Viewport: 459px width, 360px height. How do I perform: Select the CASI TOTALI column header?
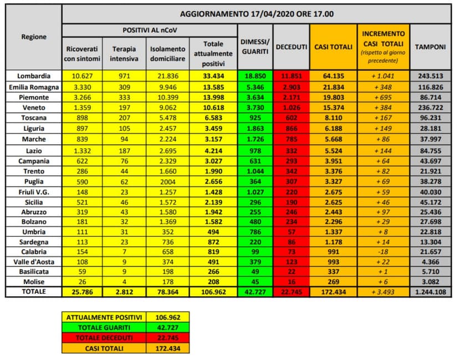[333, 47]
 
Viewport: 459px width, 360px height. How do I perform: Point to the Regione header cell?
[34, 37]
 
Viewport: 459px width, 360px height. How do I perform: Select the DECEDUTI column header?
[290, 47]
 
